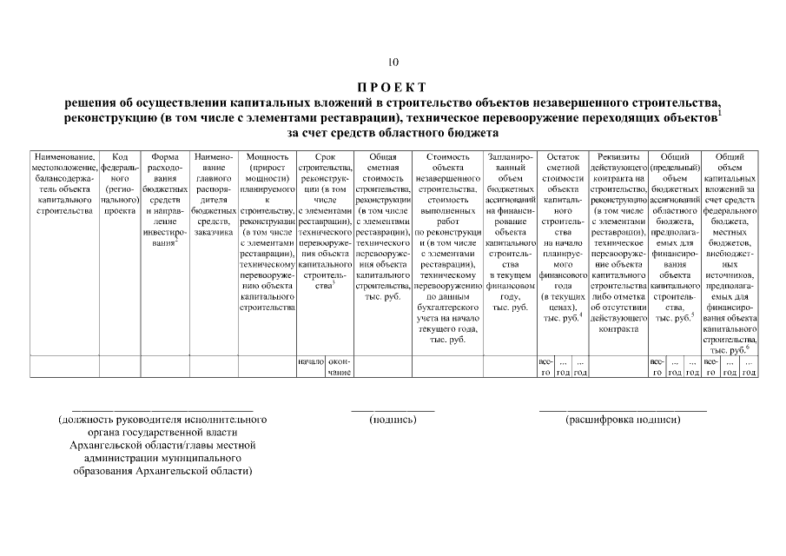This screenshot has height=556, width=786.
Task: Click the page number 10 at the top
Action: (x=393, y=62)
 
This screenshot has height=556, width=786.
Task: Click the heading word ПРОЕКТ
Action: (x=393, y=87)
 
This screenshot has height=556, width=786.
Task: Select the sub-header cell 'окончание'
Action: (x=339, y=367)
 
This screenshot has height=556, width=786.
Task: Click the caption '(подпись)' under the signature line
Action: (x=393, y=420)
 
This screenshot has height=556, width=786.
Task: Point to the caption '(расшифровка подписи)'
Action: (x=623, y=420)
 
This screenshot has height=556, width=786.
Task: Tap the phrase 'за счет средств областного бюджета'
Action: (x=393, y=134)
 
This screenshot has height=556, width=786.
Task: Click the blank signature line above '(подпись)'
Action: (x=393, y=408)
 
